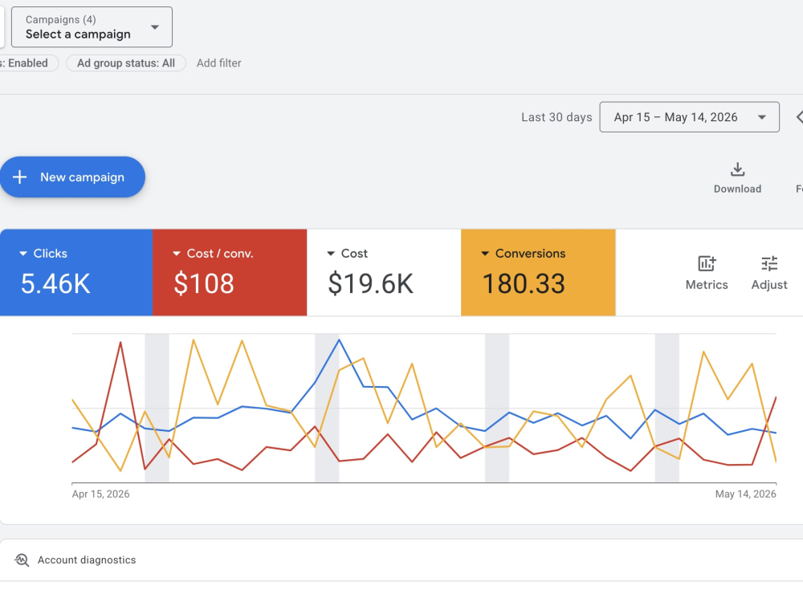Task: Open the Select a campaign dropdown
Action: point(92,27)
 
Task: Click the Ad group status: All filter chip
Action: point(126,63)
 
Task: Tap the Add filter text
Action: point(218,63)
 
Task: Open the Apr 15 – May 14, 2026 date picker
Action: point(689,117)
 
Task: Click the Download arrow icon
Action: point(737,169)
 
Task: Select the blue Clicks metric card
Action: point(76,272)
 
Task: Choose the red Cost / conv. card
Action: point(230,272)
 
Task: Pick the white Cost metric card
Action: point(384,272)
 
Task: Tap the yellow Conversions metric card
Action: point(538,272)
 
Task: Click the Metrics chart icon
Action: point(707,263)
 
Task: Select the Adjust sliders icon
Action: point(769,263)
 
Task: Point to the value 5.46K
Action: point(55,283)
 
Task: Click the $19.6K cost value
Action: point(370,283)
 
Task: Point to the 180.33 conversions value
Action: point(524,283)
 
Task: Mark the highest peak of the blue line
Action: point(339,340)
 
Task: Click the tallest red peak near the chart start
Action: point(120,342)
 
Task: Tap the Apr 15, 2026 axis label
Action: point(100,494)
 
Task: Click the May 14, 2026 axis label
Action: point(746,494)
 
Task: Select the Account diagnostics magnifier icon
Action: point(22,559)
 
